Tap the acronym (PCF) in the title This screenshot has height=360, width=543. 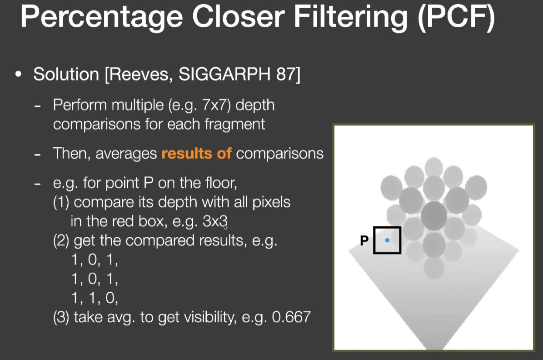click(457, 17)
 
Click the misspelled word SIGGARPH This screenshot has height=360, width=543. click(224, 74)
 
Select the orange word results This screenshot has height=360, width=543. click(187, 153)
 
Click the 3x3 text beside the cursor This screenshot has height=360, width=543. click(215, 221)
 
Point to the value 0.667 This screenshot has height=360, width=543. click(291, 317)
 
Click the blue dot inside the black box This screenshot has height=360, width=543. click(387, 240)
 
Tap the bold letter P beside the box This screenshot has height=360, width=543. click(364, 240)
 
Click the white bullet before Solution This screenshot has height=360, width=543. click(18, 74)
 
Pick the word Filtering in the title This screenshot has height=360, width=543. click(351, 17)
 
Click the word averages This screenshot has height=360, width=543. click(126, 154)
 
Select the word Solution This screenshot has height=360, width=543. click(66, 74)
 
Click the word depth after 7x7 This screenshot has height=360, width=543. click(255, 105)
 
